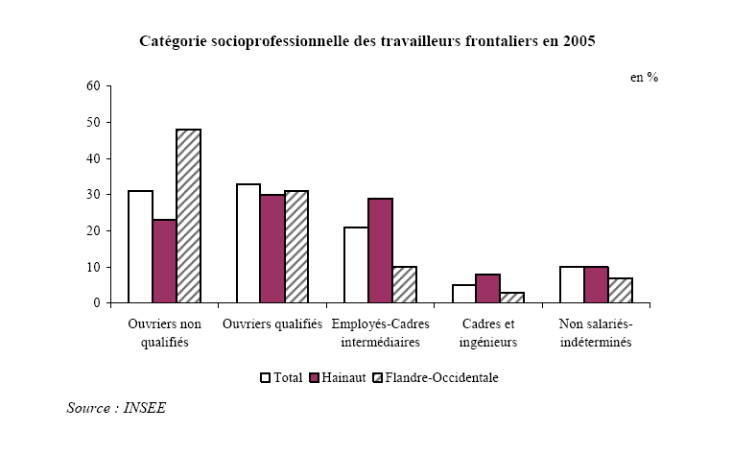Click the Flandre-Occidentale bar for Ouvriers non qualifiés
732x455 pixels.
[189, 216]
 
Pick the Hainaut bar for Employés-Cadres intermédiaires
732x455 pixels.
[380, 251]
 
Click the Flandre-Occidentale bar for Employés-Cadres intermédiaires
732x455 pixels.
[405, 285]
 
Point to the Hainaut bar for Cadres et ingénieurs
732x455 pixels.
[488, 289]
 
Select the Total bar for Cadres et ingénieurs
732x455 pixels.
[463, 294]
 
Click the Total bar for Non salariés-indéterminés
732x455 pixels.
[572, 285]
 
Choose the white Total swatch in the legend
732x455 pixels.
[266, 377]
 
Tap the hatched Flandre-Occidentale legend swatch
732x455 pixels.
[377, 377]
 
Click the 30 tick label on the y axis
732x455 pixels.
[92, 195]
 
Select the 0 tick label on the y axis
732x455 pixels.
[95, 303]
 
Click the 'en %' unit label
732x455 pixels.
[644, 78]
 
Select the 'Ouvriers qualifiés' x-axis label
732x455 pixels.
[272, 324]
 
